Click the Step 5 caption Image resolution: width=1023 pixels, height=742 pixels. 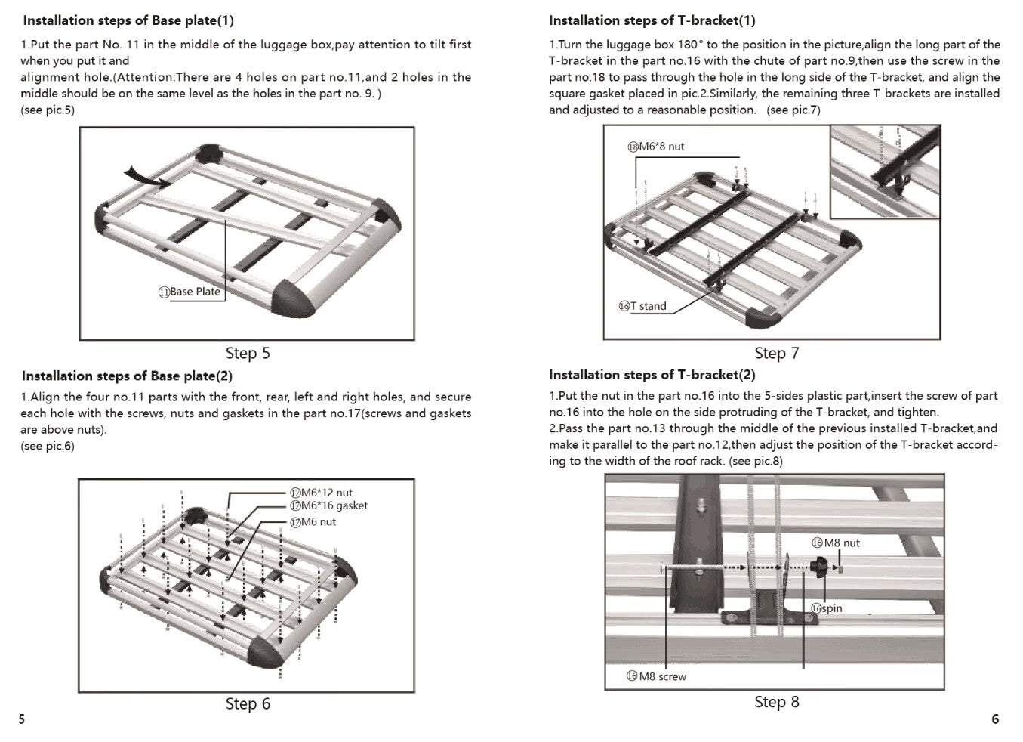tap(248, 353)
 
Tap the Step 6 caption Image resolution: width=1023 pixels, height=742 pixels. tap(248, 703)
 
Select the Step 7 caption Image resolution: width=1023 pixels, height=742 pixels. tap(776, 353)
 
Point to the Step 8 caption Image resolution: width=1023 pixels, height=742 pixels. tap(776, 702)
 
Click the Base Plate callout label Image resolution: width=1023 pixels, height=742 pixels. tap(190, 292)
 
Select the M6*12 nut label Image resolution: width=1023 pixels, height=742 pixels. tap(322, 493)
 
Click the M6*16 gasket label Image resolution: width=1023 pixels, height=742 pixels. tap(329, 505)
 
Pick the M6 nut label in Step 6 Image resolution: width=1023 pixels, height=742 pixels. tap(313, 522)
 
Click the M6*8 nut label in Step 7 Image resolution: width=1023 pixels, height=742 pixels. tap(656, 147)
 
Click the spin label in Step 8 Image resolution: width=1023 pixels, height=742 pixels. tap(827, 608)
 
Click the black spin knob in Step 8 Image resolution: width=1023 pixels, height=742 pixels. tap(819, 567)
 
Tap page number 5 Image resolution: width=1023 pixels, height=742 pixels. tap(21, 719)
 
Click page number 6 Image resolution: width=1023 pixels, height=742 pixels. tap(994, 719)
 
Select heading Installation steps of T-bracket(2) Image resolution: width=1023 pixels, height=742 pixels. tap(652, 375)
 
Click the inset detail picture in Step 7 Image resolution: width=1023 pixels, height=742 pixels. tap(886, 172)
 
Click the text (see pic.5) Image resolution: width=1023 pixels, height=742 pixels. tap(48, 110)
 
